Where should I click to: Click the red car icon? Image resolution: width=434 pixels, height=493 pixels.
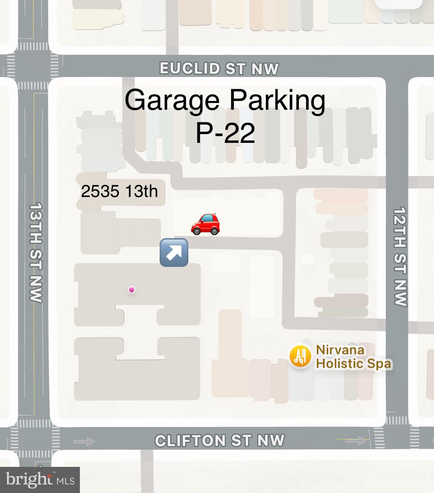click(205, 223)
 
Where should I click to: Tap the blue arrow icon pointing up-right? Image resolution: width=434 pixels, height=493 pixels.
click(174, 253)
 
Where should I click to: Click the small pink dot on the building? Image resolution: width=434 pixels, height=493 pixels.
click(131, 290)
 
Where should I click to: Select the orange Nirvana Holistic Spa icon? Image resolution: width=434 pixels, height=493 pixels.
click(300, 356)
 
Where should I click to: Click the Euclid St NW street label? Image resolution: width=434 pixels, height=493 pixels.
click(219, 68)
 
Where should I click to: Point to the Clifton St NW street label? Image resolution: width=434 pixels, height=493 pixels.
click(220, 440)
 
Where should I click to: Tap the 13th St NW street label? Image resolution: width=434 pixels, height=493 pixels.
click(36, 252)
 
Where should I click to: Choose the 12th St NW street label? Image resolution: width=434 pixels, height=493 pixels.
click(399, 256)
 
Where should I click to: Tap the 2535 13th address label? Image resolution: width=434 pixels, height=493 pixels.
click(119, 191)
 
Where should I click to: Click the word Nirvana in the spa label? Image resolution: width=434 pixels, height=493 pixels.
click(340, 350)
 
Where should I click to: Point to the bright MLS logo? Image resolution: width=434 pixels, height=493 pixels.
click(40, 480)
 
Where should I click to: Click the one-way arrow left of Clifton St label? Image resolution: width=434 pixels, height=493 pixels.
click(84, 441)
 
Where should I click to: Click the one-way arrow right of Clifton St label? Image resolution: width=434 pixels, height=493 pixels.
click(356, 440)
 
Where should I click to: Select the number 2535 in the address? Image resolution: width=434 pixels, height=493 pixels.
click(100, 191)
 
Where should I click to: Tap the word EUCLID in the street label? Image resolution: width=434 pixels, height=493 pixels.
click(190, 68)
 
